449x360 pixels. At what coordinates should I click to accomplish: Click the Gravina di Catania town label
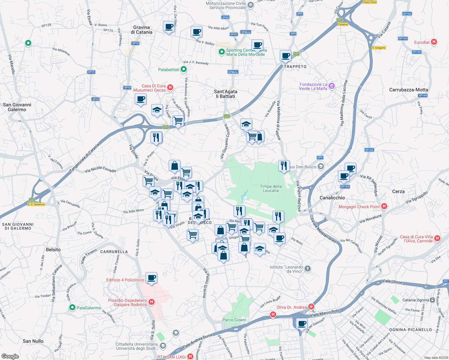141,30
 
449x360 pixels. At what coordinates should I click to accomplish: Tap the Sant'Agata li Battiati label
226,94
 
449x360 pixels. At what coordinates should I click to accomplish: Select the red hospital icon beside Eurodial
434,42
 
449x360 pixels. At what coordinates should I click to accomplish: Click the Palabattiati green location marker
184,69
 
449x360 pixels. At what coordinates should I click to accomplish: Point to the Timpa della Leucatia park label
271,188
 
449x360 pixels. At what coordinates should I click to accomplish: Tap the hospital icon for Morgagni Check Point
384,206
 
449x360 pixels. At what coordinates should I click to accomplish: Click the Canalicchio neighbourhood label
332,198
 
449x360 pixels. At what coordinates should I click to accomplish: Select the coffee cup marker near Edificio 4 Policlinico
151,277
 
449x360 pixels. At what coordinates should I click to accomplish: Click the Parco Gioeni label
234,320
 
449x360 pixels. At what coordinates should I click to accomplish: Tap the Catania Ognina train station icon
432,300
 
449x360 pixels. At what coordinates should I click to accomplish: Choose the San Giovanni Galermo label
17,107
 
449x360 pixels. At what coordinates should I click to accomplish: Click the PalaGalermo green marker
72,307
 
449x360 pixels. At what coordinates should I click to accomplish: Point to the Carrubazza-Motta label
408,90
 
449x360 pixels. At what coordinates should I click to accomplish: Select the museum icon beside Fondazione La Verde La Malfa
331,86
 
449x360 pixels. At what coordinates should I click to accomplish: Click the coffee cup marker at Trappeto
285,55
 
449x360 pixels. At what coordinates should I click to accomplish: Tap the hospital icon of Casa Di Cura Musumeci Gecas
170,88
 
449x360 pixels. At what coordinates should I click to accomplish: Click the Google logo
10,356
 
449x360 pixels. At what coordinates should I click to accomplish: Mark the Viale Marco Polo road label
325,313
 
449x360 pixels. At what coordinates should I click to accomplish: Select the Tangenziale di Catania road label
84,158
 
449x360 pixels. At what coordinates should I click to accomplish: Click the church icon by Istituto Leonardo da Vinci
308,268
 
